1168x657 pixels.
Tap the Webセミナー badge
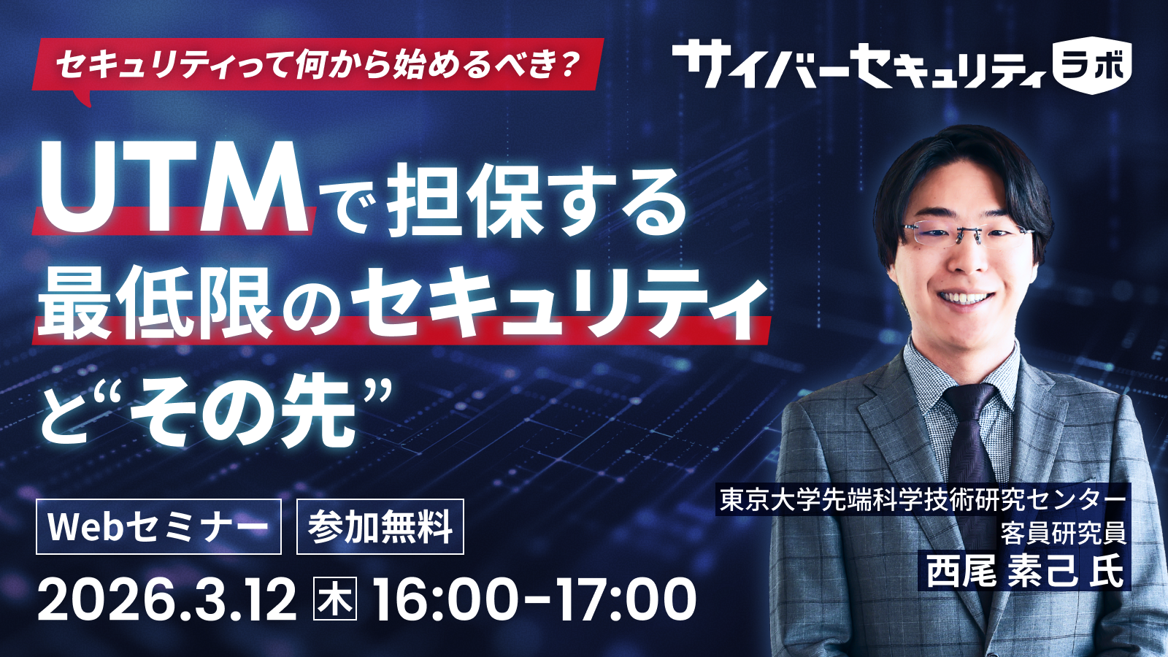coord(158,526)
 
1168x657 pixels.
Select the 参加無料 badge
coord(380,526)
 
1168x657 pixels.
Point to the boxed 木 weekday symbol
coord(335,599)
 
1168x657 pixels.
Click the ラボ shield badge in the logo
coord(1092,66)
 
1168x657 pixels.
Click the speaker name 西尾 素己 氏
coord(1025,571)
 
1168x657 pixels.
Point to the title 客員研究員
coord(1063,534)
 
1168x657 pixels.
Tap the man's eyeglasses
coord(967,234)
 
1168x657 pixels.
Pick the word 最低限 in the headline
coord(155,302)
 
